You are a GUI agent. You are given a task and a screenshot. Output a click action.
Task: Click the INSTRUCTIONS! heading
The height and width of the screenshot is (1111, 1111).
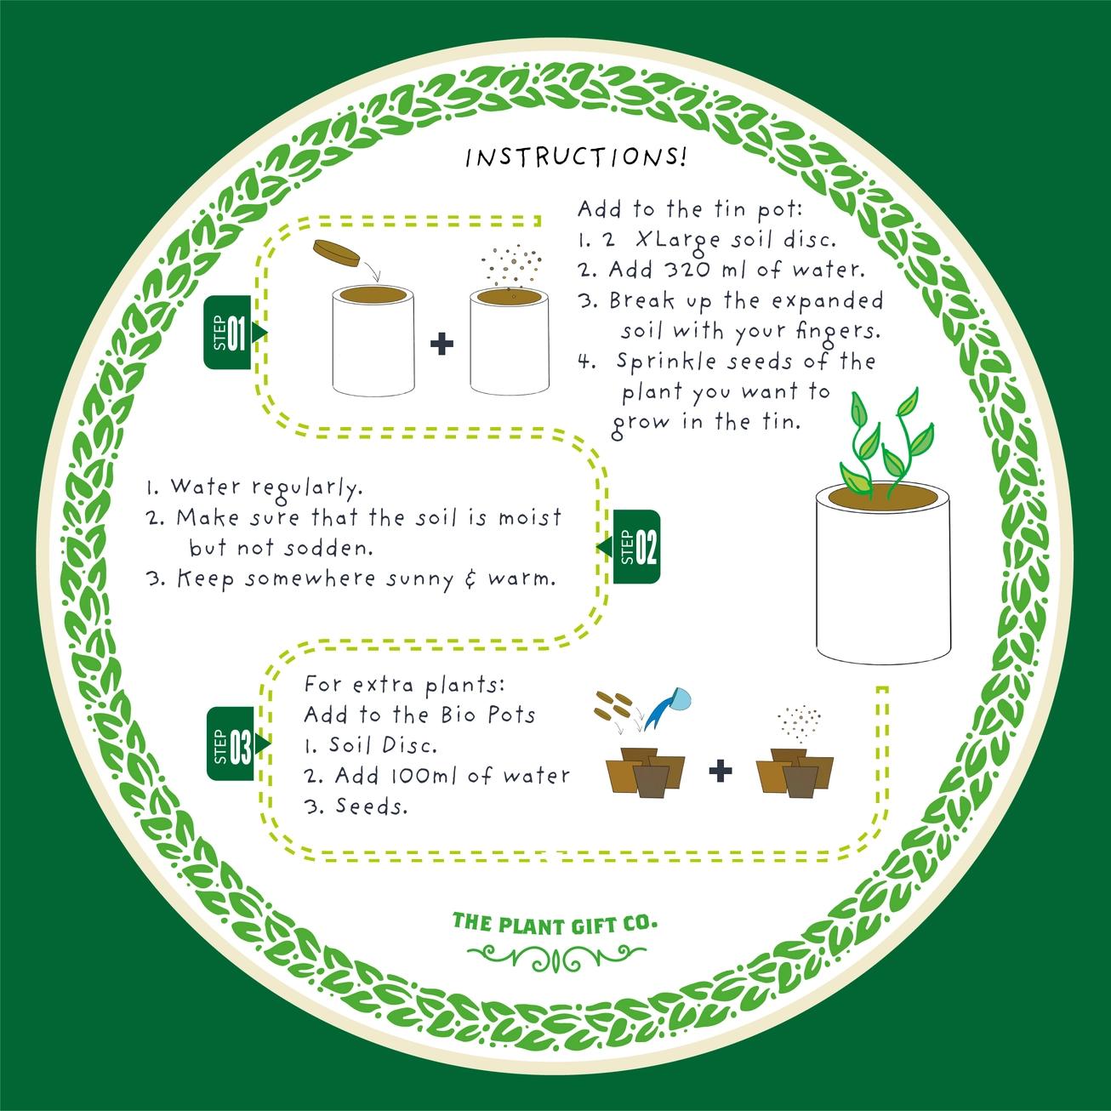point(576,158)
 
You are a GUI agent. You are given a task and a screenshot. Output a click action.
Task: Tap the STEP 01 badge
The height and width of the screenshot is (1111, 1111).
point(229,332)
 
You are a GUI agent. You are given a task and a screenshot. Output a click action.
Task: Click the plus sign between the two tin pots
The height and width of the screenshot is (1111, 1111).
point(442,345)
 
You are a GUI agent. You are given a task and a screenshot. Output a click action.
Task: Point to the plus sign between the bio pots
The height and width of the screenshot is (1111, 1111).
point(720,772)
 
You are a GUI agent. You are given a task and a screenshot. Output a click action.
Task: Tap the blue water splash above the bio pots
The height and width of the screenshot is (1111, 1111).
point(668,706)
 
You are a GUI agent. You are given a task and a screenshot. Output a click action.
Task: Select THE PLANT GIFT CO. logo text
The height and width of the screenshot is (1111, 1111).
point(555,923)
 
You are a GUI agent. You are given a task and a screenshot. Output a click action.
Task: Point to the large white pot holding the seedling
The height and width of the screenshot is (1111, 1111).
point(881,578)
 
